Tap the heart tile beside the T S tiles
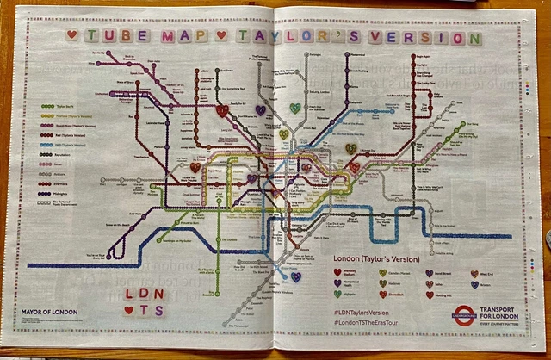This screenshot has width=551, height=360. pos(129,311)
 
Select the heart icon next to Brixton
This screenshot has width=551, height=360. pos(474,282)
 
